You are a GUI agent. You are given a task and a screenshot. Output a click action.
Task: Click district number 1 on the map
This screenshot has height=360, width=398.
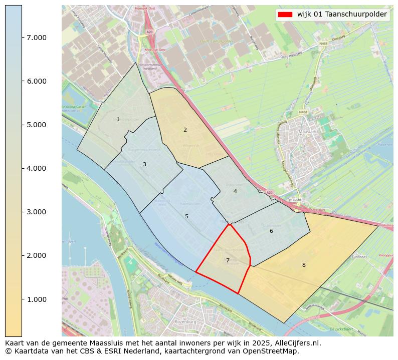pos(118,119)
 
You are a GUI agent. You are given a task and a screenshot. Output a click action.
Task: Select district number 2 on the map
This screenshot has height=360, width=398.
pos(185,130)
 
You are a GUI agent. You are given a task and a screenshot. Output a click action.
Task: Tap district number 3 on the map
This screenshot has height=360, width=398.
pos(144,164)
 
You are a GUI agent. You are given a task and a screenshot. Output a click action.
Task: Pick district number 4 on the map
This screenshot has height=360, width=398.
pos(235,191)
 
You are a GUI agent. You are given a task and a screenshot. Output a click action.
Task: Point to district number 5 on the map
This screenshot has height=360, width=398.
pos(186,216)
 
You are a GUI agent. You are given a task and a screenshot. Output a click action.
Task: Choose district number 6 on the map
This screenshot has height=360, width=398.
pos(271,231)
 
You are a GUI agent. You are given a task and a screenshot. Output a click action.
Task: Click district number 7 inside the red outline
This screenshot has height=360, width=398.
pos(228,260)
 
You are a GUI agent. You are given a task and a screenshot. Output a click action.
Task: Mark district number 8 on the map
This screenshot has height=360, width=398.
pos(303,265)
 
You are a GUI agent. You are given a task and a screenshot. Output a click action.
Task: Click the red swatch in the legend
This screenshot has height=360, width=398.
pos(286,15)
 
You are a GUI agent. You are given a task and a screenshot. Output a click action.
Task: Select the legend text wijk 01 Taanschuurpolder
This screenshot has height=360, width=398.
pos(342,15)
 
